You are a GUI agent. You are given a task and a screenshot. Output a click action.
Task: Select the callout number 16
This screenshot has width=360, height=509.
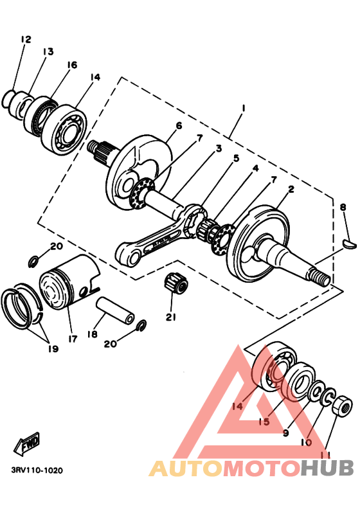pyautogui.click(x=71, y=65)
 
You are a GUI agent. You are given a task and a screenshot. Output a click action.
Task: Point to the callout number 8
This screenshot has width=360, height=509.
pyautogui.click(x=343, y=207)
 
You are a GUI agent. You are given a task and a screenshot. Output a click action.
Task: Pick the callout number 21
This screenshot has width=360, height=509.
pyautogui.click(x=170, y=317)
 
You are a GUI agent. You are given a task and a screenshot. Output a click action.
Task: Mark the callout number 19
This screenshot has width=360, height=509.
pyautogui.click(x=52, y=349)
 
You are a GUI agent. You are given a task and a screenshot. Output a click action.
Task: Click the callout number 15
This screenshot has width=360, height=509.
pyautogui.click(x=264, y=422)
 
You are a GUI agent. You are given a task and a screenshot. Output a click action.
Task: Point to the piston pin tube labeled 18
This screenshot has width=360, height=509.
pyautogui.click(x=116, y=310)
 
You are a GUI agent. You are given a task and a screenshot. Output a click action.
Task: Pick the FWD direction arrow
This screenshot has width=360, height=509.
pyautogui.click(x=27, y=444)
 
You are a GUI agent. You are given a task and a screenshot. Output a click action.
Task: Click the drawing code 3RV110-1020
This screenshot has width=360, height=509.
pyautogui.click(x=37, y=470)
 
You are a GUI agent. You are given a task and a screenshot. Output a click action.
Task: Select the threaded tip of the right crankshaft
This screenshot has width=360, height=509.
pyautogui.click(x=321, y=279)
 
